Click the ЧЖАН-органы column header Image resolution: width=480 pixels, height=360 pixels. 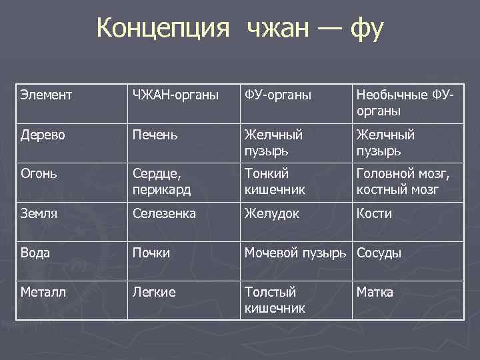click(175, 95)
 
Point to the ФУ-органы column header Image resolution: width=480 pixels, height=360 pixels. click(278, 95)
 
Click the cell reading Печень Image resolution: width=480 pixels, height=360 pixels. click(155, 135)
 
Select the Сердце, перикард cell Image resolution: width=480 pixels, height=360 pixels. click(161, 182)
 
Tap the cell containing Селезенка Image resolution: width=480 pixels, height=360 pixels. click(165, 214)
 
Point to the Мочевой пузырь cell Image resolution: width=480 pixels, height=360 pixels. click(295, 253)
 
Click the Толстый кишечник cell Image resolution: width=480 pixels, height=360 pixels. click(275, 300)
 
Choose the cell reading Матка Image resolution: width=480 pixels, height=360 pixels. click(375, 293)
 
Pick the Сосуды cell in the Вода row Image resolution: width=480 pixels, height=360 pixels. click(379, 253)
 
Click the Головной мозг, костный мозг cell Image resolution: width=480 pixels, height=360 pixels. click(403, 182)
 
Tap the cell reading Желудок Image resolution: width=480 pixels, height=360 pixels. click(271, 214)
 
